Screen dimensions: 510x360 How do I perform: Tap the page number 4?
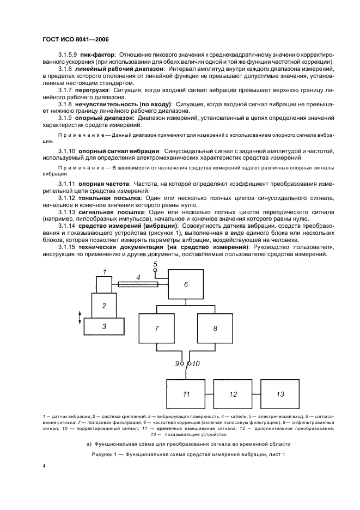(x=44, y=466)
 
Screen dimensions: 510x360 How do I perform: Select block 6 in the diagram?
(x=186, y=284)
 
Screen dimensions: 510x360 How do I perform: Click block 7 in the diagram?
(x=156, y=329)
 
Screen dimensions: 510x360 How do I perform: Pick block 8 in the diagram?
(x=215, y=329)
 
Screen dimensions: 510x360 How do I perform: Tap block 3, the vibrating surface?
(x=104, y=327)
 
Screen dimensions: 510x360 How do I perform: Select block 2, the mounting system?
(x=104, y=305)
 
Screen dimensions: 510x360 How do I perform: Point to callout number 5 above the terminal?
(x=155, y=264)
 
